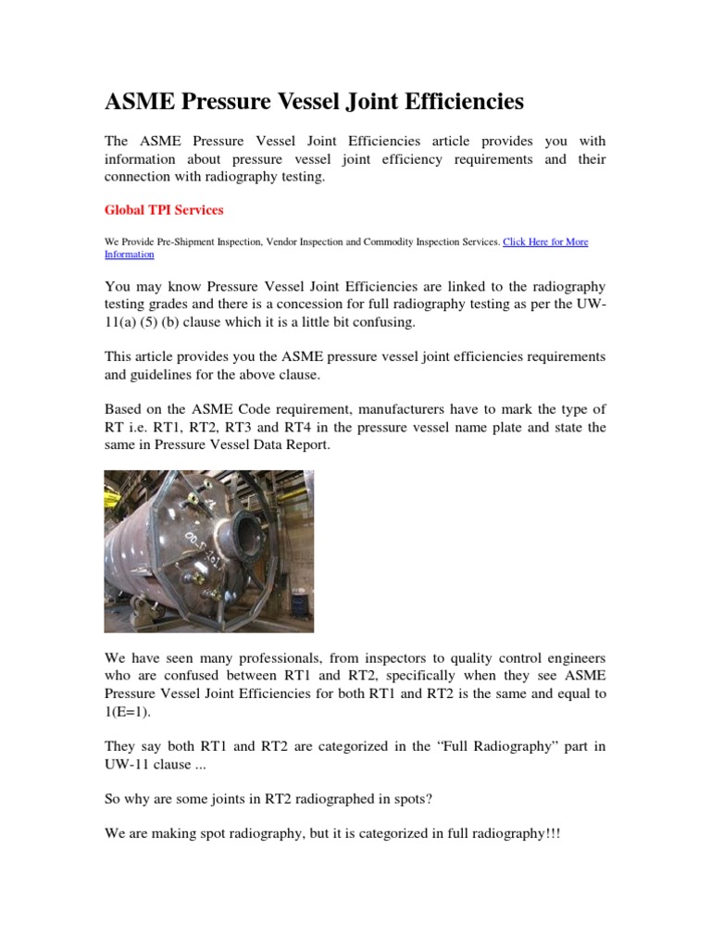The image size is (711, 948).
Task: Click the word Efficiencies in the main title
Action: coord(447,100)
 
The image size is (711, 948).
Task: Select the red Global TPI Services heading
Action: coord(164,210)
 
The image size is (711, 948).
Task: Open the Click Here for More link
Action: coord(544,242)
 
